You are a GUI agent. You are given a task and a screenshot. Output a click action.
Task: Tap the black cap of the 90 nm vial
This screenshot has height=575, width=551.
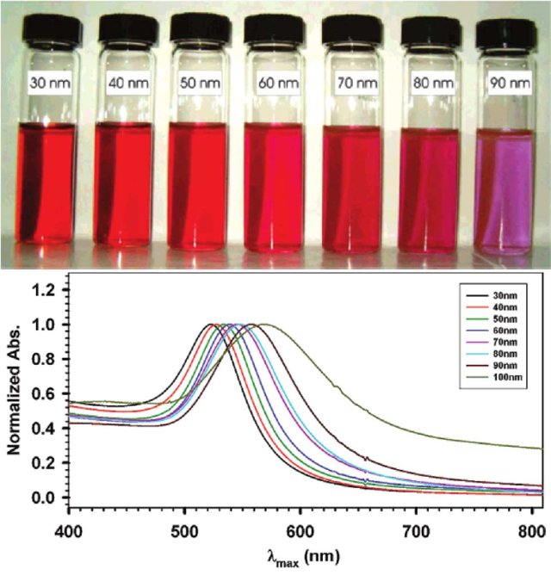pos(505,34)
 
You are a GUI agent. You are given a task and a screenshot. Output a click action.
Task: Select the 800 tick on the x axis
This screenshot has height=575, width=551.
pos(532,522)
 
